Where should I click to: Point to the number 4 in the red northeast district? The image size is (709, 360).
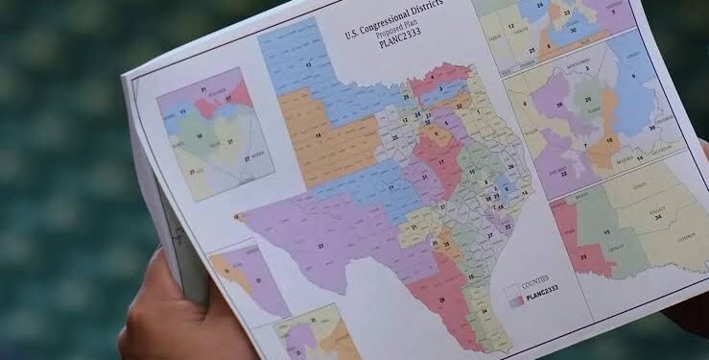(435, 69)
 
